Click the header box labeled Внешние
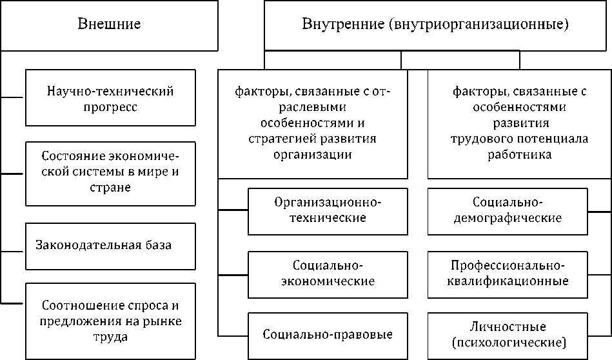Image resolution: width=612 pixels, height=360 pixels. click(109, 25)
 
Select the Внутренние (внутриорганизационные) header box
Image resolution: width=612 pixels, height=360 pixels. click(435, 25)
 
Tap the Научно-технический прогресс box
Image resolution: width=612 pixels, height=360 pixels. click(110, 99)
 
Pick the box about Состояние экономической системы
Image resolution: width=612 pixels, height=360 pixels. click(110, 172)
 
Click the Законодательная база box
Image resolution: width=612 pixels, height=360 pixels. click(110, 246)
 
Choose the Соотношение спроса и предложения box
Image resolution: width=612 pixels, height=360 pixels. click(110, 319)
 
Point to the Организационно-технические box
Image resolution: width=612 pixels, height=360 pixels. click(328, 210)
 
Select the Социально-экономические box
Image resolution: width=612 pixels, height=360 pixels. click(328, 274)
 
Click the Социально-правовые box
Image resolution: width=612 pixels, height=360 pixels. click(328, 335)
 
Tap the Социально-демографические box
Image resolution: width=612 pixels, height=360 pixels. click(508, 210)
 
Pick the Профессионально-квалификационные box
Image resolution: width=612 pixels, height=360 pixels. click(508, 274)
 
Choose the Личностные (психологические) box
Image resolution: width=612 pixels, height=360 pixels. click(508, 334)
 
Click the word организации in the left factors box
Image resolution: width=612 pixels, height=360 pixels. click(313, 155)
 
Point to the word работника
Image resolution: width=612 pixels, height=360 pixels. click(511, 155)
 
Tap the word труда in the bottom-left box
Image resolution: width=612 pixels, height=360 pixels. click(110, 335)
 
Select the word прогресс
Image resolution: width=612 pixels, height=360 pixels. click(110, 107)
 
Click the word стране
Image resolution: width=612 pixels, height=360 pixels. click(110, 188)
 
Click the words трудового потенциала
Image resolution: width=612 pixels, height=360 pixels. click(509, 139)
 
